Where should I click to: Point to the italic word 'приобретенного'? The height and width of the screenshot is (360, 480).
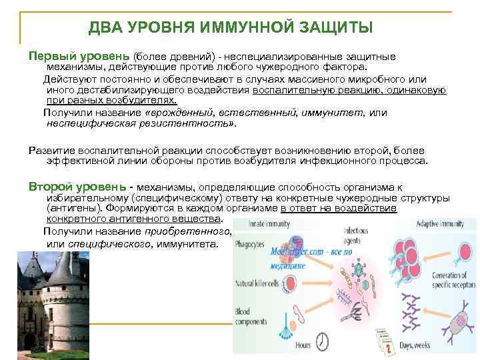(x=187, y=231)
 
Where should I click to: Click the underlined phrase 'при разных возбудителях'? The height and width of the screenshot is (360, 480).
(x=111, y=101)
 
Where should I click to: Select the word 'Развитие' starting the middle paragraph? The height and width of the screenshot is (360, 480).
(x=52, y=150)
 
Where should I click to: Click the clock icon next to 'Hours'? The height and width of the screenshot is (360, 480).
(x=322, y=341)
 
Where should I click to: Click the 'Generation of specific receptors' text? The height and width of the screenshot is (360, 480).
(x=450, y=281)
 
